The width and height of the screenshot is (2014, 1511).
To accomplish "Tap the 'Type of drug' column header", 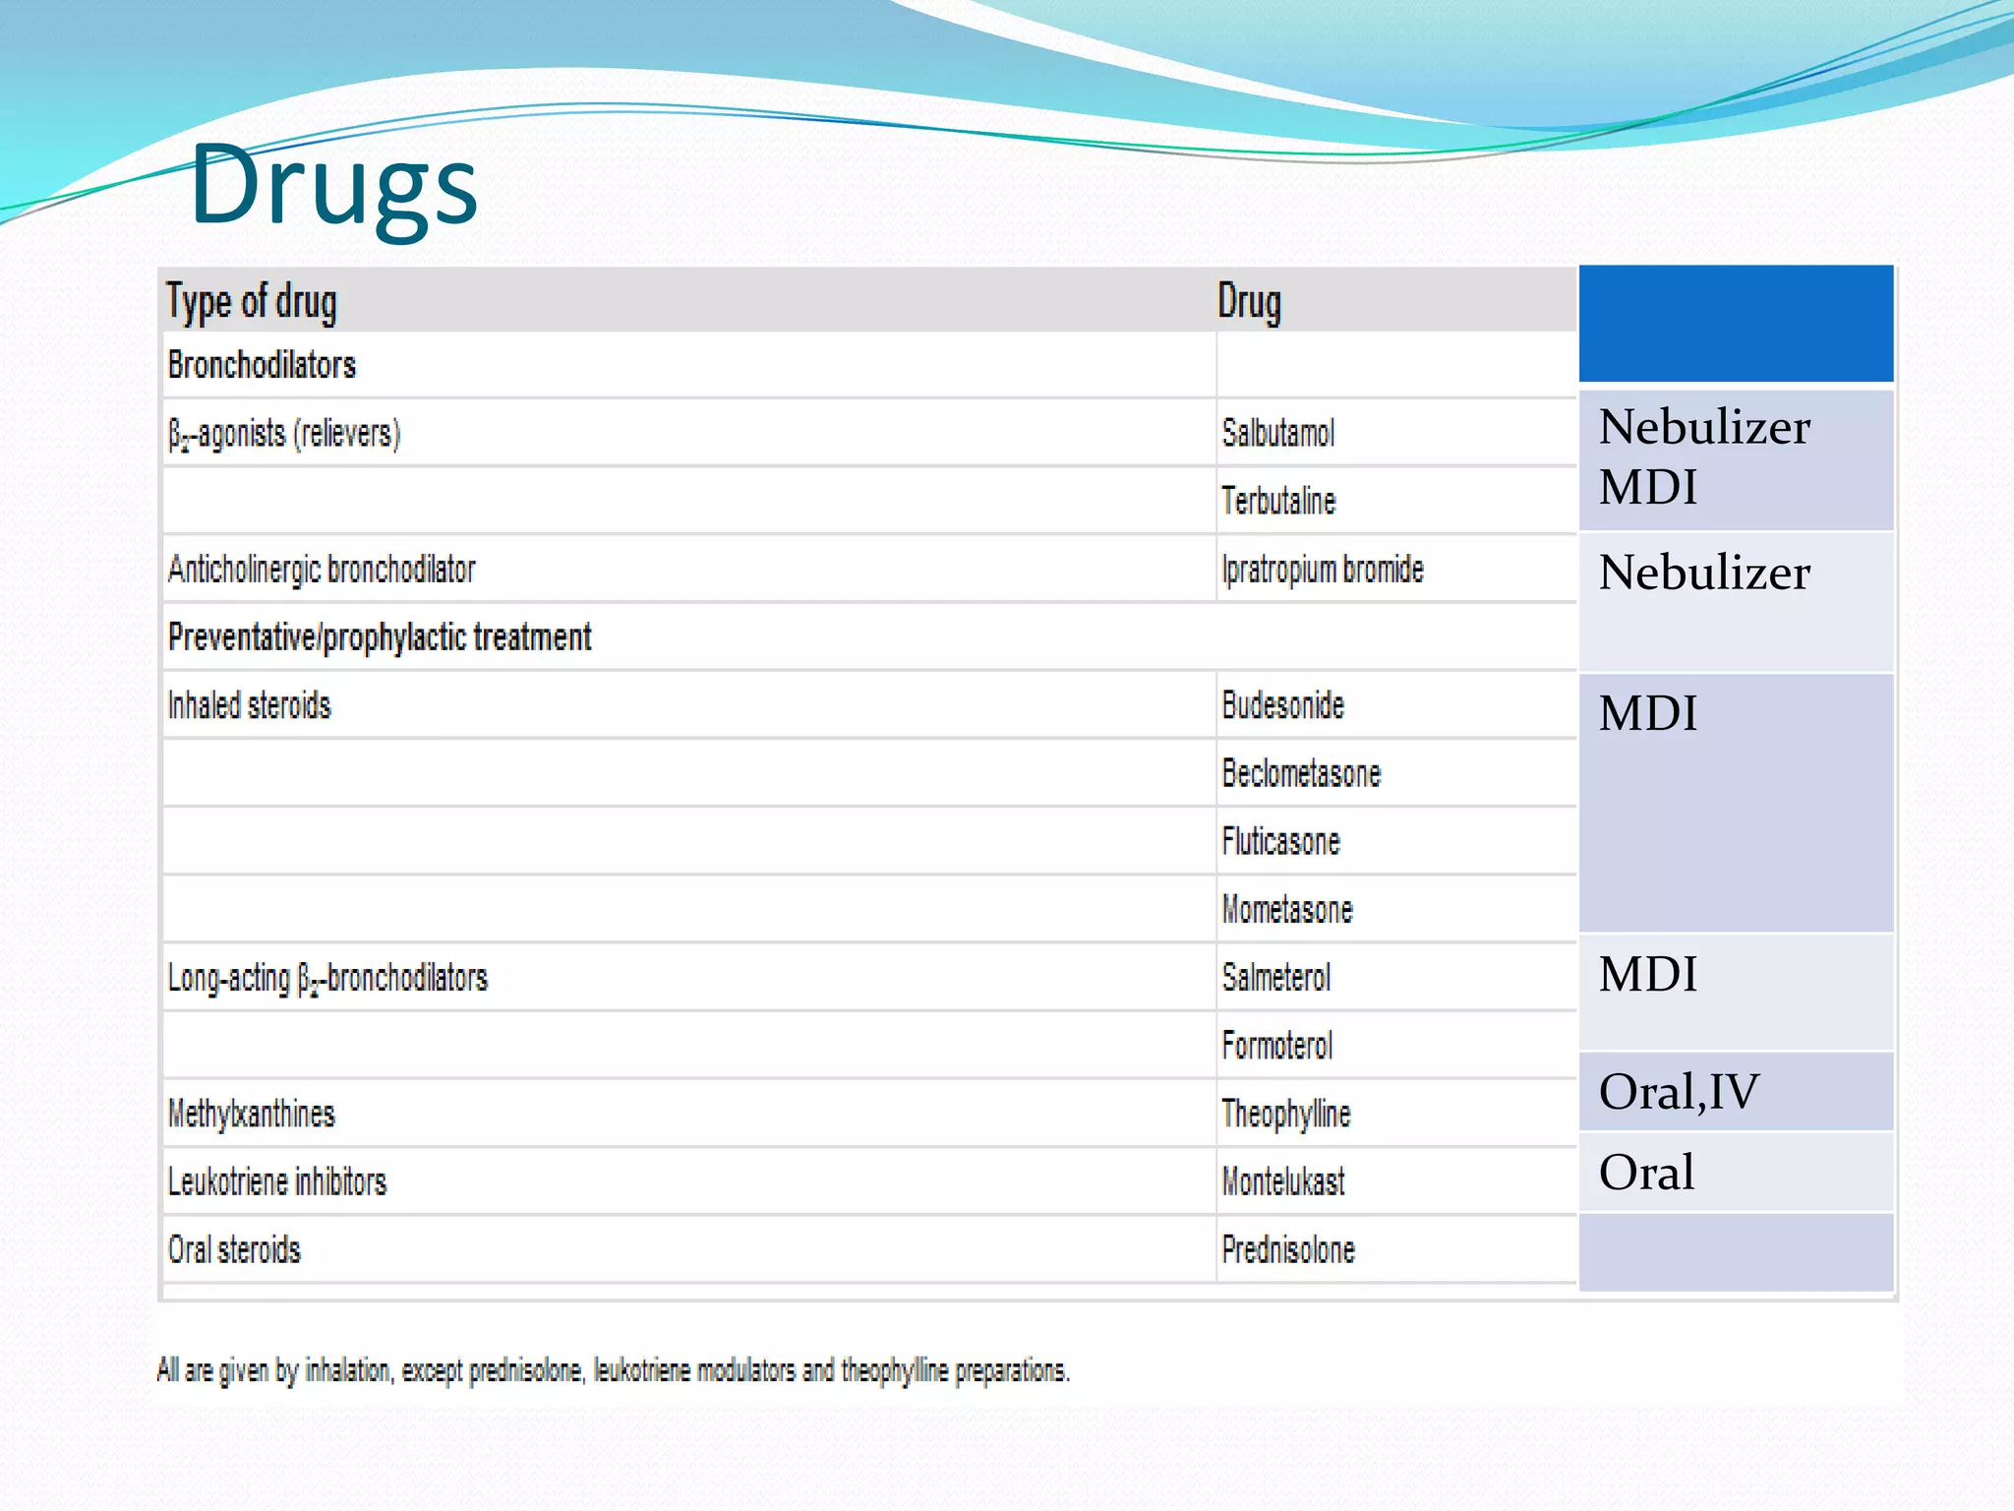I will click(252, 301).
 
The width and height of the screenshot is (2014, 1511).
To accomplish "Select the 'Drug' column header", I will click(1249, 301).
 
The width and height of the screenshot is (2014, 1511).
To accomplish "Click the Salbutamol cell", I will click(1277, 433).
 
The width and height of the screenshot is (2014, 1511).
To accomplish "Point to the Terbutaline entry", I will click(1277, 501).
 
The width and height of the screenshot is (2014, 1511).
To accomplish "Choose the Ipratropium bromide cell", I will click(1322, 570).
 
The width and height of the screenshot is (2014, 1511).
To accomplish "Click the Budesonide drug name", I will click(1282, 705).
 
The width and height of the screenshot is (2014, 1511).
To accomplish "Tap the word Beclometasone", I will click(1300, 773).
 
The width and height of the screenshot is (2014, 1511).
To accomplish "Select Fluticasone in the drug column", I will click(1280, 842).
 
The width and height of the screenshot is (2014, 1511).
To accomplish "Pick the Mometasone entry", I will click(1286, 910).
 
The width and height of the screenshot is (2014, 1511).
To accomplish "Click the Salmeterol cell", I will click(1275, 978).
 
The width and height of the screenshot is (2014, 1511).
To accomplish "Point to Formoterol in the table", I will click(1276, 1046).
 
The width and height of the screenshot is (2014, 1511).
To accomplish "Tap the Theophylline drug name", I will click(1285, 1114).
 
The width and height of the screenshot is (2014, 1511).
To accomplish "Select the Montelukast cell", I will click(1282, 1181).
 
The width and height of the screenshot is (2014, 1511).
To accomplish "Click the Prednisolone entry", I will click(1287, 1250).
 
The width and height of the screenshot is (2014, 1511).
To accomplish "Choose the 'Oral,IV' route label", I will click(1679, 1092).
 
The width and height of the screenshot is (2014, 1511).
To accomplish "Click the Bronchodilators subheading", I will click(262, 365).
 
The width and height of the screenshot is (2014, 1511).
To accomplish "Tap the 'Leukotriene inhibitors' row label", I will click(277, 1181).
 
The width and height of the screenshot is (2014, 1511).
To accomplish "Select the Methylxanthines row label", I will click(251, 1114).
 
